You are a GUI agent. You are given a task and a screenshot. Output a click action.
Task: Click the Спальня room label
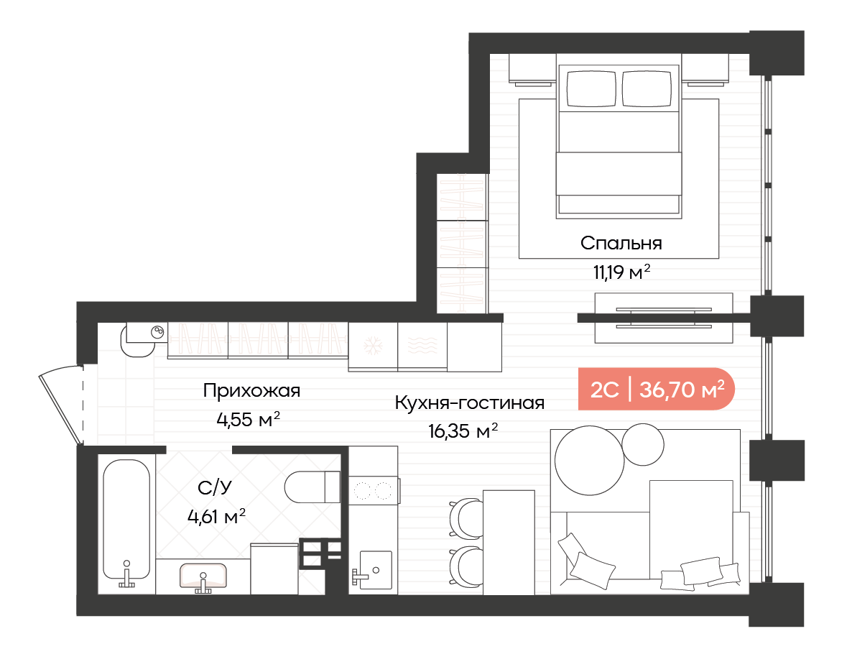pyautogui.click(x=621, y=243)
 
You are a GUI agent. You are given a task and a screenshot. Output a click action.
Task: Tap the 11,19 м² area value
pyautogui.click(x=621, y=271)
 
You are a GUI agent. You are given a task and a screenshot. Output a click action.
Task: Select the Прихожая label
pyautogui.click(x=251, y=391)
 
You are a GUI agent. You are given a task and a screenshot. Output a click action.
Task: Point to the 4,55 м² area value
pyautogui.click(x=249, y=419)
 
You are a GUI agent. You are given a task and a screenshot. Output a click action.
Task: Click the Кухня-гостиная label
pyautogui.click(x=470, y=402)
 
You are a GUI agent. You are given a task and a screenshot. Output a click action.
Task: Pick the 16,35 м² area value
pyautogui.click(x=463, y=431)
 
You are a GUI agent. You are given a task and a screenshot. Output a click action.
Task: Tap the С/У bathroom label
pyautogui.click(x=215, y=487)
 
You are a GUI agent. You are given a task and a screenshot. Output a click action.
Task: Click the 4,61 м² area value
pyautogui.click(x=216, y=515)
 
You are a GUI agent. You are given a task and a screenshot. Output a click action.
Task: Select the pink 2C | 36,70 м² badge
pyautogui.click(x=657, y=390)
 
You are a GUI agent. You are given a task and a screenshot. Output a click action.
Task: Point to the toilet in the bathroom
pyautogui.click(x=312, y=487)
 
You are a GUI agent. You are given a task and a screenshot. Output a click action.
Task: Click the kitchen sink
pyautogui.click(x=376, y=570)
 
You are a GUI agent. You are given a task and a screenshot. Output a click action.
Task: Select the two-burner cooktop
pyautogui.click(x=374, y=491)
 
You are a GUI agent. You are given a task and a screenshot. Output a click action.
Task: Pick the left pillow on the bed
pyautogui.click(x=592, y=88)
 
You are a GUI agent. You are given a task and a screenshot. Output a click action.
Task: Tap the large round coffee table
pyautogui.click(x=590, y=461)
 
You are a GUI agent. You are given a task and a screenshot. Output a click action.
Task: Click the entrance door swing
pyautogui.click(x=61, y=405)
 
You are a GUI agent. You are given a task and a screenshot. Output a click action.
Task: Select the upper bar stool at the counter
pyautogui.click(x=466, y=517)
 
